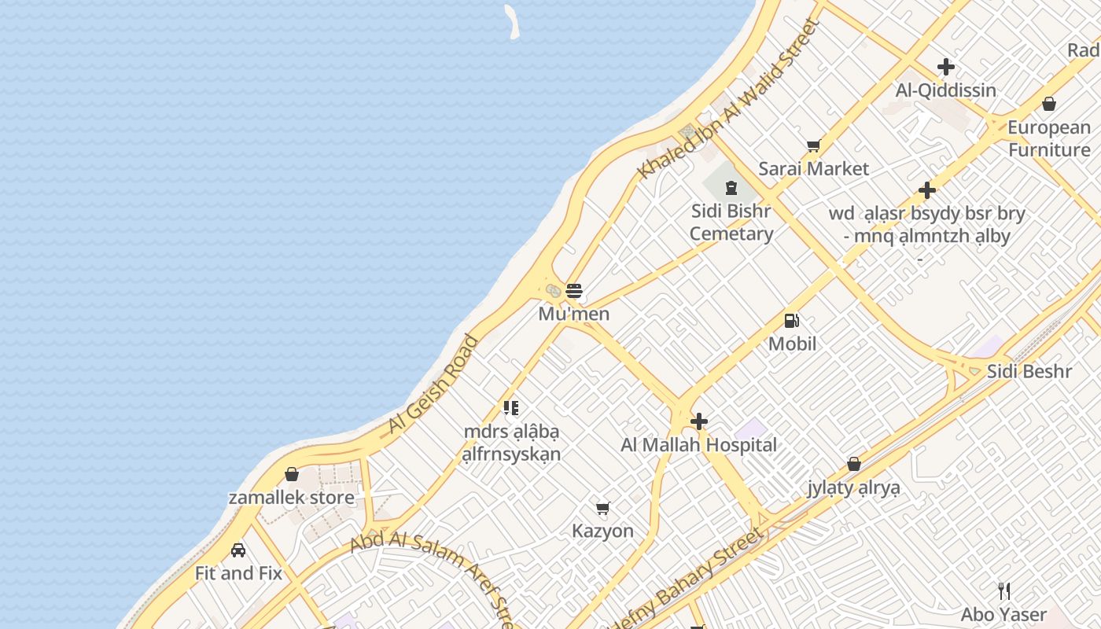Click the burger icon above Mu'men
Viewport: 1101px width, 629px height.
click(574, 291)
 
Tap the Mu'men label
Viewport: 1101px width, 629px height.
click(574, 314)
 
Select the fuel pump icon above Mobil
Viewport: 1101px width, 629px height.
click(792, 321)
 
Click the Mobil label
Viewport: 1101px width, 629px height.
click(792, 344)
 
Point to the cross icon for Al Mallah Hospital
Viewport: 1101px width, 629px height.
click(698, 421)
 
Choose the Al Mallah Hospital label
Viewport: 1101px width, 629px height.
click(698, 445)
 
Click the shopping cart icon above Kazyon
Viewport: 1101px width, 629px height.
click(603, 508)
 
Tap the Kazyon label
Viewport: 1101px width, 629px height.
click(602, 531)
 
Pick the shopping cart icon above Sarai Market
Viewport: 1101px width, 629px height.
click(814, 145)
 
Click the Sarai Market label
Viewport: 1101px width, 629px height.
click(814, 168)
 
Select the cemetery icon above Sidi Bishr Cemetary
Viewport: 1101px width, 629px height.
click(731, 187)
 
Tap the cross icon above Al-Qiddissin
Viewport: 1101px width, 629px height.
click(946, 68)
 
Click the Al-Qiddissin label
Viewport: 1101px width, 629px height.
click(946, 90)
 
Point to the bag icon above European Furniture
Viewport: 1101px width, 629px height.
click(1049, 104)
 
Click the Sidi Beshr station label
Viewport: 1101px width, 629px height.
click(1029, 371)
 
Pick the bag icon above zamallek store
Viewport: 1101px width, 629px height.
click(292, 474)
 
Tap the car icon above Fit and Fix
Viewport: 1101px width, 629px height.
click(238, 550)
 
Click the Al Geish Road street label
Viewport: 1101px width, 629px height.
click(433, 384)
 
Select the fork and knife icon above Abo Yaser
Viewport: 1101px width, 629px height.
click(1004, 591)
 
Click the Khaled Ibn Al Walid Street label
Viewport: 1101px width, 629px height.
click(729, 99)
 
